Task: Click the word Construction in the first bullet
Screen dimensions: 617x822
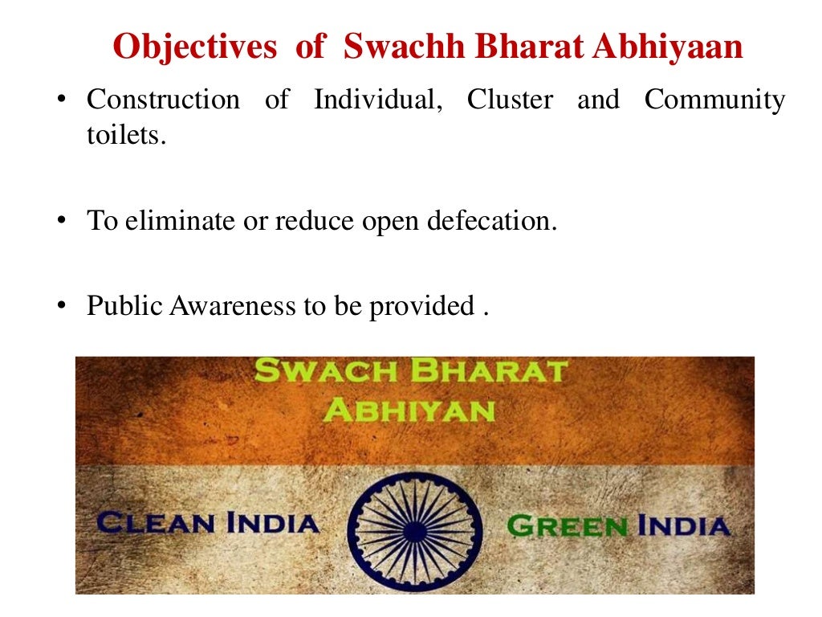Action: click(163, 100)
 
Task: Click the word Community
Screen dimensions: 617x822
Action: click(714, 100)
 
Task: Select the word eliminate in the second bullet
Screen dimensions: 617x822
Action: click(171, 221)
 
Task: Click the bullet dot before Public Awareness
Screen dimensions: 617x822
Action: click(60, 306)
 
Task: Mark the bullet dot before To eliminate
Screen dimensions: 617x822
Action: click(60, 221)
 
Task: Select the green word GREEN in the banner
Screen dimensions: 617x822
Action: click(568, 526)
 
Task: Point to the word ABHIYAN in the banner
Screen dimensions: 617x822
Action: click(409, 411)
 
